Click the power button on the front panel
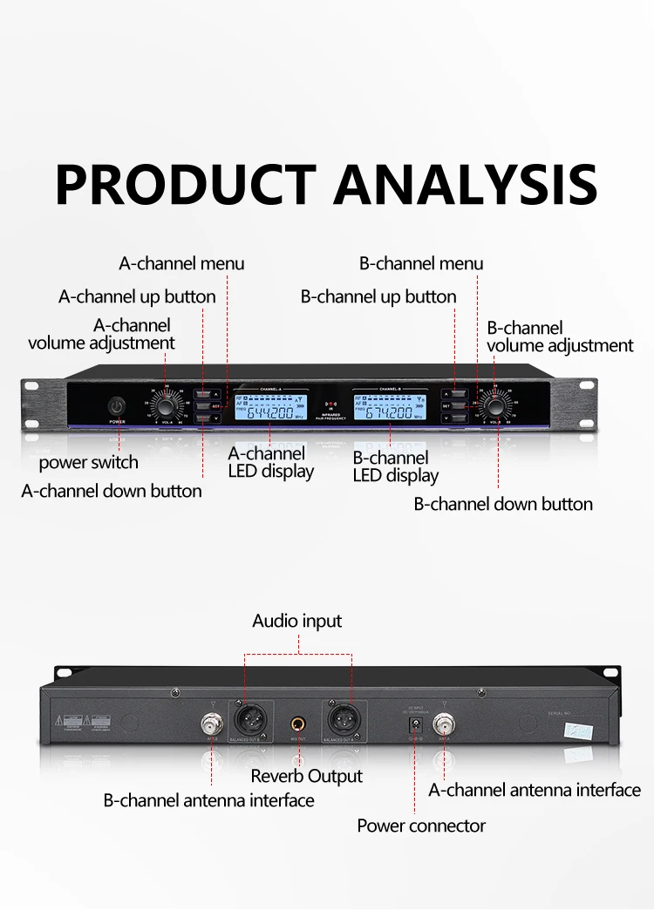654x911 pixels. pyautogui.click(x=117, y=407)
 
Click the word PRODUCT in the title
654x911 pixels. pyautogui.click(x=184, y=183)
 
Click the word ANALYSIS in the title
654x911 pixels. pyautogui.click(x=466, y=183)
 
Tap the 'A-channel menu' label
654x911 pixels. pyautogui.click(x=181, y=263)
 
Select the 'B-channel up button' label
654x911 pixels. pyautogui.click(x=378, y=296)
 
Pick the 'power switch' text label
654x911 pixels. pyautogui.click(x=88, y=462)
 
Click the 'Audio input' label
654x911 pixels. pyautogui.click(x=297, y=621)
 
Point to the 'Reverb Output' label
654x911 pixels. pyautogui.click(x=306, y=776)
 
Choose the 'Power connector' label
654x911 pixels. pyautogui.click(x=421, y=825)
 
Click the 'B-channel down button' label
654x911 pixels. pyautogui.click(x=503, y=504)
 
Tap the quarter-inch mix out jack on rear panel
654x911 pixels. pyautogui.click(x=298, y=724)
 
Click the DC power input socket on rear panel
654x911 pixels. pyautogui.click(x=415, y=723)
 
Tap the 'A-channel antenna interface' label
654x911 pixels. pyautogui.click(x=535, y=790)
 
